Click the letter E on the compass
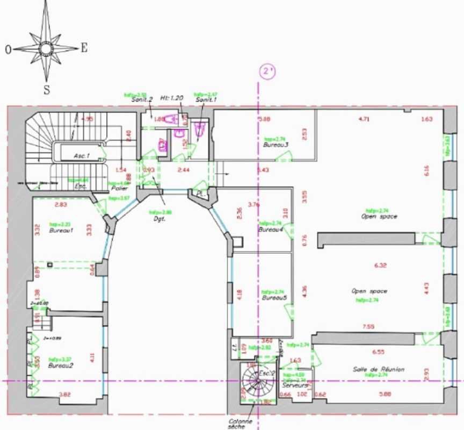point(84,48)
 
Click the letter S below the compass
point(46,90)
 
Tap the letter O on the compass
point(8,49)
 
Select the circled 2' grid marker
point(267,71)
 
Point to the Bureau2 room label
point(60,365)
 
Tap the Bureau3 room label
point(275,145)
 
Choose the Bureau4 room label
point(271,230)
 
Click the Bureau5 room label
point(274,298)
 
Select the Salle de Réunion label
point(379,369)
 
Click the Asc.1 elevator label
point(82,156)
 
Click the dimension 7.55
point(368,326)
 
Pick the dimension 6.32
point(380,265)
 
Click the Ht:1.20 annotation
point(172,98)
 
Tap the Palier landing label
point(119,189)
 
